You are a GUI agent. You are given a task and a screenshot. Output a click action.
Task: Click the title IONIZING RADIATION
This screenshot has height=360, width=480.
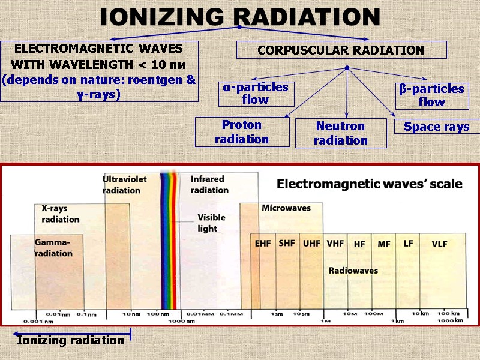pyautogui.click(x=239, y=17)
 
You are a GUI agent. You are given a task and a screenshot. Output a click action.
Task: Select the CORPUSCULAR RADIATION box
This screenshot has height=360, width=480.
pyautogui.click(x=341, y=50)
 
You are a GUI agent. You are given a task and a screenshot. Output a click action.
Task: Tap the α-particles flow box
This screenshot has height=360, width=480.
pyautogui.click(x=256, y=94)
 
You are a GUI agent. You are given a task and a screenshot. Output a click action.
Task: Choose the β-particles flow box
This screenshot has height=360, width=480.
pyautogui.click(x=431, y=95)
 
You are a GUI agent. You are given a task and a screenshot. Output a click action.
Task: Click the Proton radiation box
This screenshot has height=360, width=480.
pyautogui.click(x=242, y=132)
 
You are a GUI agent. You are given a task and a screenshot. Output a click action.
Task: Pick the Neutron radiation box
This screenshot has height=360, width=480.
pyautogui.click(x=341, y=133)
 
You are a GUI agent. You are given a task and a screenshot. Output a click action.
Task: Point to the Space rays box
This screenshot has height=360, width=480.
pyautogui.click(x=437, y=127)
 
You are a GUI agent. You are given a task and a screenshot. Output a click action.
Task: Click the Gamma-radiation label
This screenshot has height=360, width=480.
pyautogui.click(x=53, y=248)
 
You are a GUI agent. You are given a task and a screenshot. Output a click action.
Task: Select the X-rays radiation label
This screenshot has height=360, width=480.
pyautogui.click(x=60, y=214)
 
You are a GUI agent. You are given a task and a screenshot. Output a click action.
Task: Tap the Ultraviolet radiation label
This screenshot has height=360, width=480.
pyautogui.click(x=124, y=185)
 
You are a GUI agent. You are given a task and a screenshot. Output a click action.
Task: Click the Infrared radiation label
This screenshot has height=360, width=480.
pyautogui.click(x=209, y=184)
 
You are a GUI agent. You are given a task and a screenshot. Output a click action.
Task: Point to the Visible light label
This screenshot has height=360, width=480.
pyautogui.click(x=208, y=223)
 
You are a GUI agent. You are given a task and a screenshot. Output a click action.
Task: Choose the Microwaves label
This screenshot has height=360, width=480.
pyautogui.click(x=286, y=208)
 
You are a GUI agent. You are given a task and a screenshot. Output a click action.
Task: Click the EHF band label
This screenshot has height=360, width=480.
pyautogui.click(x=263, y=244)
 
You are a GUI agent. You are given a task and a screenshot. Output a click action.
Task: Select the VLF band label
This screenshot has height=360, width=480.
pyautogui.click(x=440, y=244)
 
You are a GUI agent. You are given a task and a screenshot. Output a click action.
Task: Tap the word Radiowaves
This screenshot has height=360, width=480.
pyautogui.click(x=353, y=271)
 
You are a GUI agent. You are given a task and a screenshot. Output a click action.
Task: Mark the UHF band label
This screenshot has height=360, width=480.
pyautogui.click(x=311, y=244)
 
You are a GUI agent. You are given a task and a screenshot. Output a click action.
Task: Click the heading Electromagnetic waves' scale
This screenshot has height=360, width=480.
pyautogui.click(x=369, y=184)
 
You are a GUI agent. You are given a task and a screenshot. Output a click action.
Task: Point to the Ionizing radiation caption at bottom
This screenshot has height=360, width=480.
pyautogui.click(x=70, y=340)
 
